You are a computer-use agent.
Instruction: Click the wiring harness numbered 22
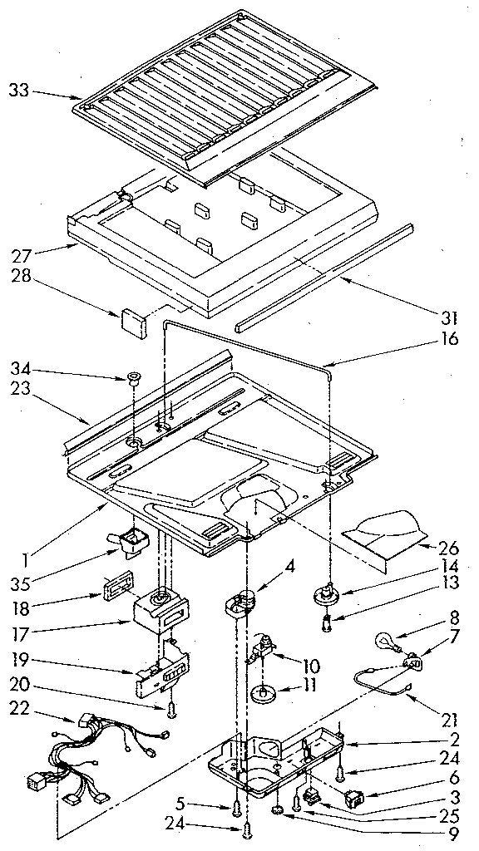coord(91,748)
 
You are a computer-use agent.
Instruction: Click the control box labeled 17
coord(161,612)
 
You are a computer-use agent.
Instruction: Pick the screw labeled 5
coord(239,806)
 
